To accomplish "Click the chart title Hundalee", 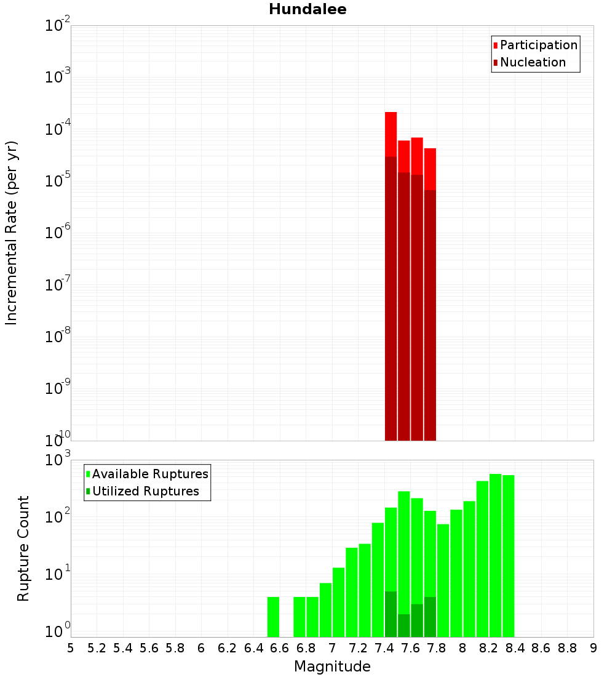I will point(307,10).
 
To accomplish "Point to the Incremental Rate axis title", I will point(12,233).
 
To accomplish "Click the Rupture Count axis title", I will point(23,548).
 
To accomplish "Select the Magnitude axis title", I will point(332,667).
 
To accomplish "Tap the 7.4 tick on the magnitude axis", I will point(384,648).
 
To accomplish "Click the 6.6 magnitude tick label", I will point(280,648).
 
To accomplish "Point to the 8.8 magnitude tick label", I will point(567,648).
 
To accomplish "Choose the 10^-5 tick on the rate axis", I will point(59,182).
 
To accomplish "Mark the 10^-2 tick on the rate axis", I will point(59,26).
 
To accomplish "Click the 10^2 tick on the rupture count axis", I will point(59,518).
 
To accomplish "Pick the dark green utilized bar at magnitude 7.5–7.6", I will point(403,625).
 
